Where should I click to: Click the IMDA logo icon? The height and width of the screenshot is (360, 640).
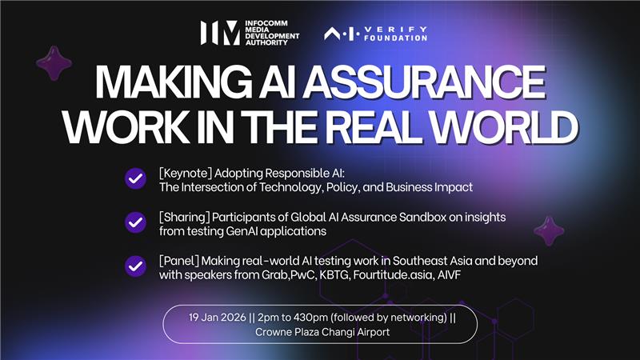(218, 32)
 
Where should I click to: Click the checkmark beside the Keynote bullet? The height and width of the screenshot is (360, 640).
(134, 179)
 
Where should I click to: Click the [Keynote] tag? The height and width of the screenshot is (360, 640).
(185, 172)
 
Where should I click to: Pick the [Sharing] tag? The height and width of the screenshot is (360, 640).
(183, 218)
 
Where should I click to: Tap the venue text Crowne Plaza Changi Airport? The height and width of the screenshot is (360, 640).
(319, 332)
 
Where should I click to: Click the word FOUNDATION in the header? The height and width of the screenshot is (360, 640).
(398, 37)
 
